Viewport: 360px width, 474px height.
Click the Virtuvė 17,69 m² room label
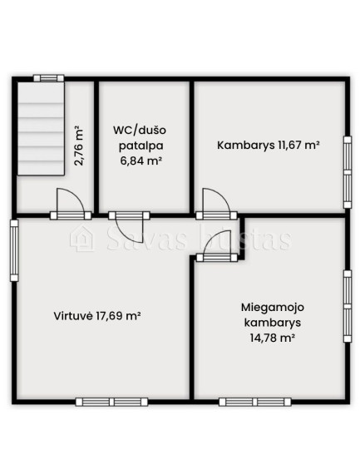coord(97,316)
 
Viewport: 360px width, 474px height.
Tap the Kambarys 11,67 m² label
coord(269,145)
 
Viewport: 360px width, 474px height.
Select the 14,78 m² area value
coord(273,338)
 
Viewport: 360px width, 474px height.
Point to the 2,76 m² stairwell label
coord(79,146)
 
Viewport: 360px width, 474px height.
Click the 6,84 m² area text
coord(140,160)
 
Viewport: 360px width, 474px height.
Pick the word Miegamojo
coord(273,308)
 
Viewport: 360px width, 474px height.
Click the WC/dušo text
coord(140,131)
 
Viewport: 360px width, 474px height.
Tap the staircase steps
coord(41,128)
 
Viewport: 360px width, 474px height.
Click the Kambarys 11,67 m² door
coord(216,204)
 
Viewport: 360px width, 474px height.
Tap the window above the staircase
coord(49,78)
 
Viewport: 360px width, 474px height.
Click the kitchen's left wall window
coord(14,250)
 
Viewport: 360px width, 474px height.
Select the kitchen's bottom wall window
coord(111,402)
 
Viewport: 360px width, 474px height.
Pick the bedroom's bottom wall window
coord(254,402)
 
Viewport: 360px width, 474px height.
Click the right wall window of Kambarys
coord(348,172)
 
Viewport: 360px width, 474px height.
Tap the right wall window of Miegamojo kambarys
coord(348,306)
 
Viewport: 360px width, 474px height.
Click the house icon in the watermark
coord(82,239)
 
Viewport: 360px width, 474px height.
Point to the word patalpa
coord(141,146)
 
